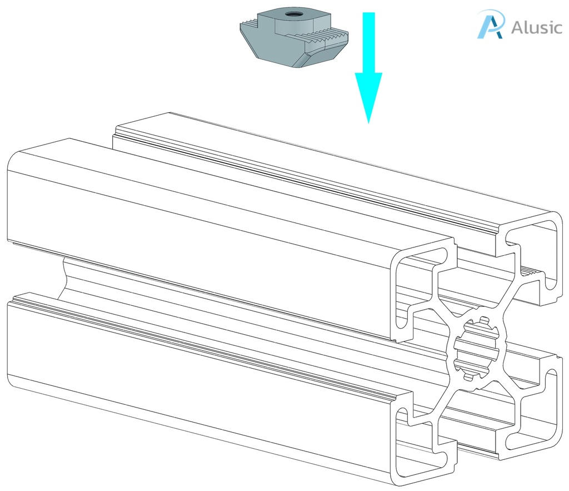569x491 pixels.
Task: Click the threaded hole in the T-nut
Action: (290, 14)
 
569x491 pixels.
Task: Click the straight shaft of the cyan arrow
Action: (369, 42)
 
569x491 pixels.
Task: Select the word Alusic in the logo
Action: (537, 27)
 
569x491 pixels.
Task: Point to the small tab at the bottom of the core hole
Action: (468, 378)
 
